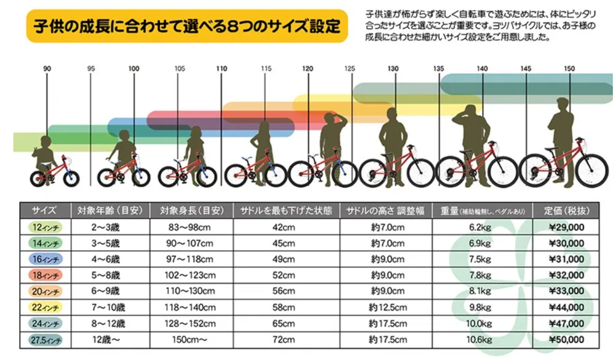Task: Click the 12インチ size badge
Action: tap(45, 227)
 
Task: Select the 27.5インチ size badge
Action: tap(45, 339)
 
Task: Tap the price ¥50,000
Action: tap(566, 339)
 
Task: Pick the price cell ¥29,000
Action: tap(566, 227)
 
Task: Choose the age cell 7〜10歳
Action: tap(109, 307)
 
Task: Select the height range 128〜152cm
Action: tap(191, 323)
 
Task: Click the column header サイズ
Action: tap(45, 211)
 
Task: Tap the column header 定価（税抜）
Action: tap(566, 211)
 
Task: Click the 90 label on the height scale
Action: tap(47, 69)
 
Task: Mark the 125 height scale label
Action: tap(350, 69)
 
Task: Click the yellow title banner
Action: tap(187, 26)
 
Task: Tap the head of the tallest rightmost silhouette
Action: tap(562, 103)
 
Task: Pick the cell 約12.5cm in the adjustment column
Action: tap(388, 307)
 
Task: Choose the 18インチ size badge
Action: tap(45, 275)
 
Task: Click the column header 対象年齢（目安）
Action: tap(109, 211)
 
